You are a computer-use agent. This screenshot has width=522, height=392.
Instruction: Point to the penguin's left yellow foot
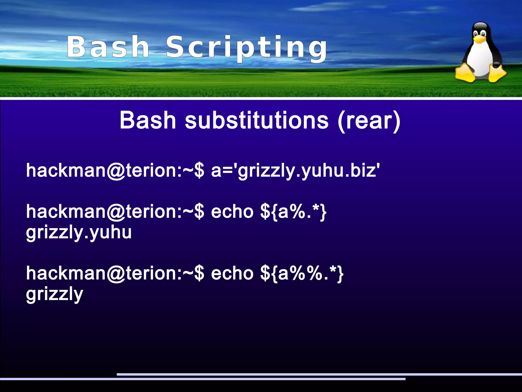click(x=465, y=73)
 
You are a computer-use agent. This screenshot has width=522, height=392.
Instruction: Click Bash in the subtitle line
click(x=148, y=120)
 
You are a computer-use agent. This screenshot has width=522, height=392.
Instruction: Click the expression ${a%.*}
click(x=293, y=212)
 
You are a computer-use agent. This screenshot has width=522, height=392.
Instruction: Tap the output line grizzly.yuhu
click(x=79, y=233)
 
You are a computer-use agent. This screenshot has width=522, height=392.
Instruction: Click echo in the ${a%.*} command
click(x=232, y=212)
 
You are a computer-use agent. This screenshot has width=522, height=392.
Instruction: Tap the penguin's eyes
click(x=479, y=33)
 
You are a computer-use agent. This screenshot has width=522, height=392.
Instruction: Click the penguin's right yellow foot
click(x=497, y=73)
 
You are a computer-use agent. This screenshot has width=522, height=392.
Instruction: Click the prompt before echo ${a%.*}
click(x=115, y=212)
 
